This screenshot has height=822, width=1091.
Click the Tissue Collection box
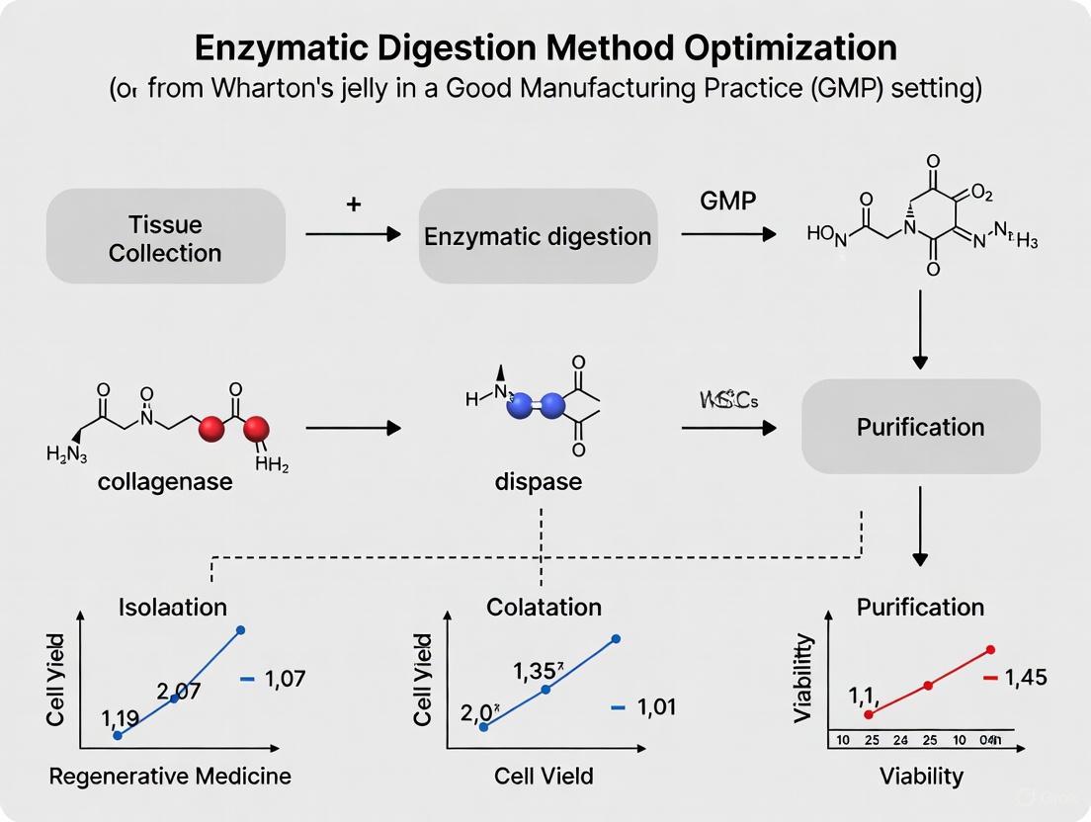click(x=165, y=236)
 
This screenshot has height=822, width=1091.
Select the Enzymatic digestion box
click(x=538, y=236)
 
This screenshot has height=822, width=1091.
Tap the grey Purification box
click(x=920, y=427)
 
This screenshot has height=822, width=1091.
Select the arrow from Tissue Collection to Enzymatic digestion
click(x=353, y=234)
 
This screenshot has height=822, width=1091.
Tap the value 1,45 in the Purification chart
click(x=1025, y=678)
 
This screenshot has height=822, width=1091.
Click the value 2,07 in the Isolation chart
click(x=180, y=691)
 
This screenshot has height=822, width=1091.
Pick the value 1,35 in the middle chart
click(x=538, y=671)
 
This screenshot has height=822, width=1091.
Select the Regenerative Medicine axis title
click(x=170, y=776)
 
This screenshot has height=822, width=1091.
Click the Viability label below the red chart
click(x=921, y=776)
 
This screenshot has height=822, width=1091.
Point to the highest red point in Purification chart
click(x=990, y=649)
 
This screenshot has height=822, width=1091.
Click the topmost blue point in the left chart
click(x=241, y=629)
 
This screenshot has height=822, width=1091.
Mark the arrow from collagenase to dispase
click(x=353, y=428)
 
